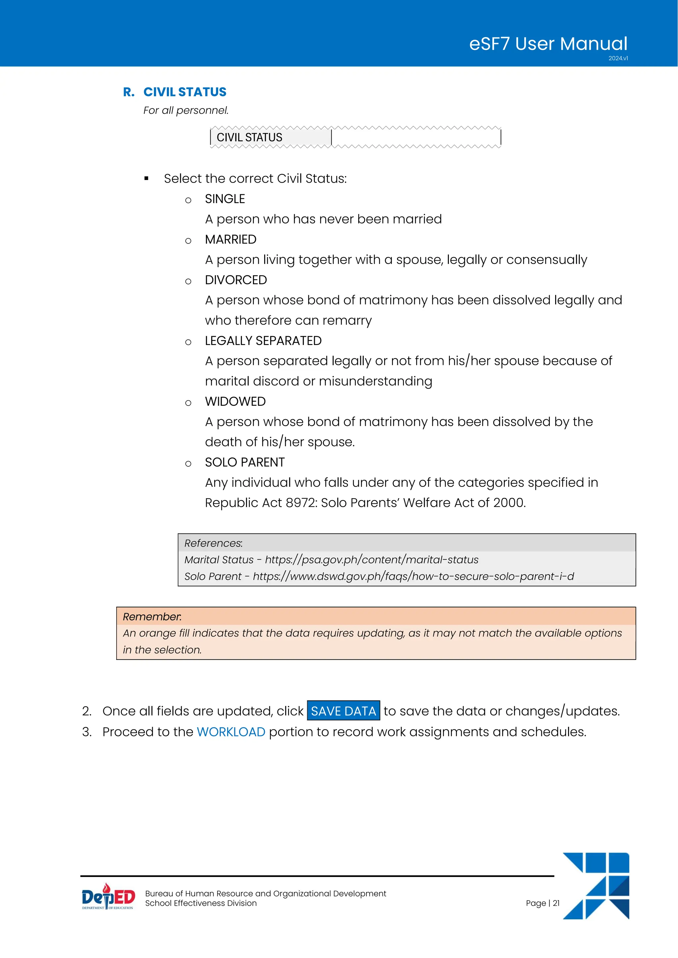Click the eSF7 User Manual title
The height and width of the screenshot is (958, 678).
(x=548, y=44)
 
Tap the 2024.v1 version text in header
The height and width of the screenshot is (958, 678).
(x=618, y=59)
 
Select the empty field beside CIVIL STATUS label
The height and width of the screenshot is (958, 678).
(x=416, y=137)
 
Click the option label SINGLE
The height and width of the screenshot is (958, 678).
(x=224, y=199)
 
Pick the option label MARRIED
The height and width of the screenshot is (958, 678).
(x=230, y=239)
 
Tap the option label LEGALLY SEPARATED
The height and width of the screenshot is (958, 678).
(x=263, y=341)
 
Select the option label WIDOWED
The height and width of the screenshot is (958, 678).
(x=235, y=401)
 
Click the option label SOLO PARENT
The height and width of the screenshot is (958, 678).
(x=245, y=462)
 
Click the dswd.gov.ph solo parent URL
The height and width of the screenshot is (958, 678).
(x=413, y=576)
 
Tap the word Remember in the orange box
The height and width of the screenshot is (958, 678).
(x=152, y=617)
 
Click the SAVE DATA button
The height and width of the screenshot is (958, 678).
(x=343, y=711)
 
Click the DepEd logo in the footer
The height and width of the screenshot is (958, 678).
(x=108, y=897)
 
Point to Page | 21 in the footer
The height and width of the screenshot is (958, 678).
(x=542, y=903)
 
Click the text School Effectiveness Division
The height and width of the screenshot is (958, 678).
(x=201, y=903)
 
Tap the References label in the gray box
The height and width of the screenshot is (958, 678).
(x=213, y=543)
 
